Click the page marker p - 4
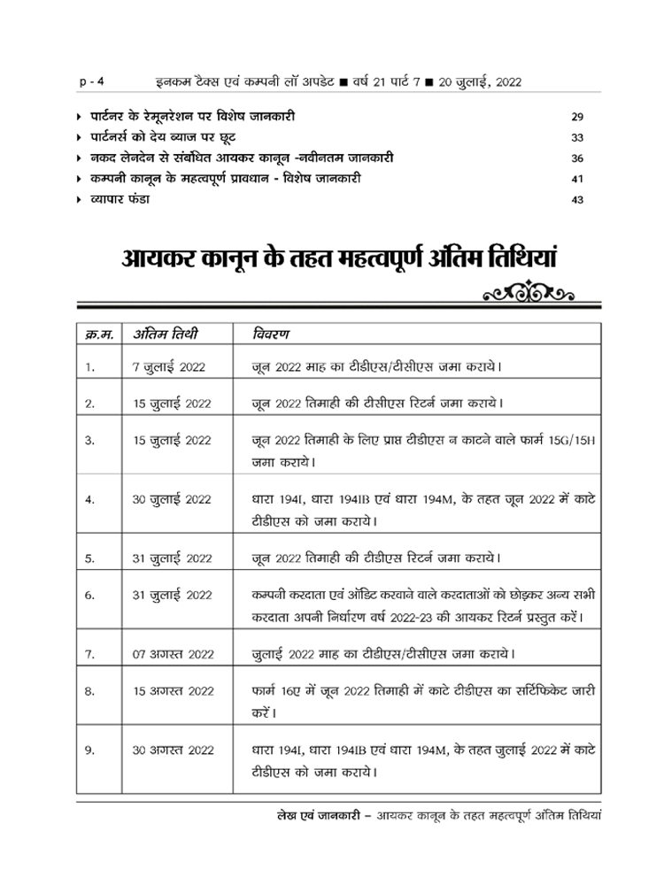[92, 82]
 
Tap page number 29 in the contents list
[576, 117]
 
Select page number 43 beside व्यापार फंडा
[576, 200]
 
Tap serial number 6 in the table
[90, 595]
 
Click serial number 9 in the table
[90, 750]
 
